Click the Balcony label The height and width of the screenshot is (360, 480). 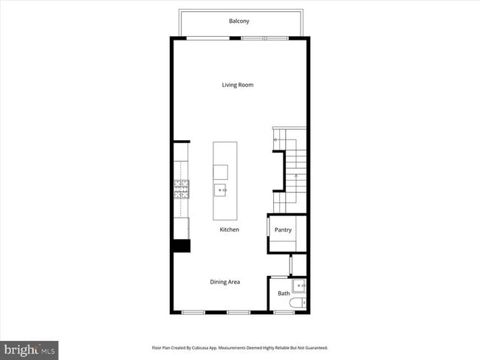coord(238,21)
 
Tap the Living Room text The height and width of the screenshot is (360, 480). coord(238,85)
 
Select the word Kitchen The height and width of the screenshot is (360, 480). coord(229,230)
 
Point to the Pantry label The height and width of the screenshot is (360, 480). coord(283,230)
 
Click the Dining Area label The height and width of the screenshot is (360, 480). coord(224,282)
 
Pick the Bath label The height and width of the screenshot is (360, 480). coord(284,294)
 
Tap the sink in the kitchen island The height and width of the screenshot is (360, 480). coord(221,191)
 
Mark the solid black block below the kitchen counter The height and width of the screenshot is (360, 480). coord(181,246)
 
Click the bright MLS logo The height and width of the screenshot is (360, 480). coord(30,349)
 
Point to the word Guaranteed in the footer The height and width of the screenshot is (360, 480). coord(314,347)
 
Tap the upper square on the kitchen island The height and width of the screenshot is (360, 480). coord(221,172)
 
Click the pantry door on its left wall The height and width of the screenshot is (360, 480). coord(267,229)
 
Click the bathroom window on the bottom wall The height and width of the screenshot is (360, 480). coord(284,313)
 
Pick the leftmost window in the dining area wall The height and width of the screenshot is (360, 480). coord(193,313)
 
